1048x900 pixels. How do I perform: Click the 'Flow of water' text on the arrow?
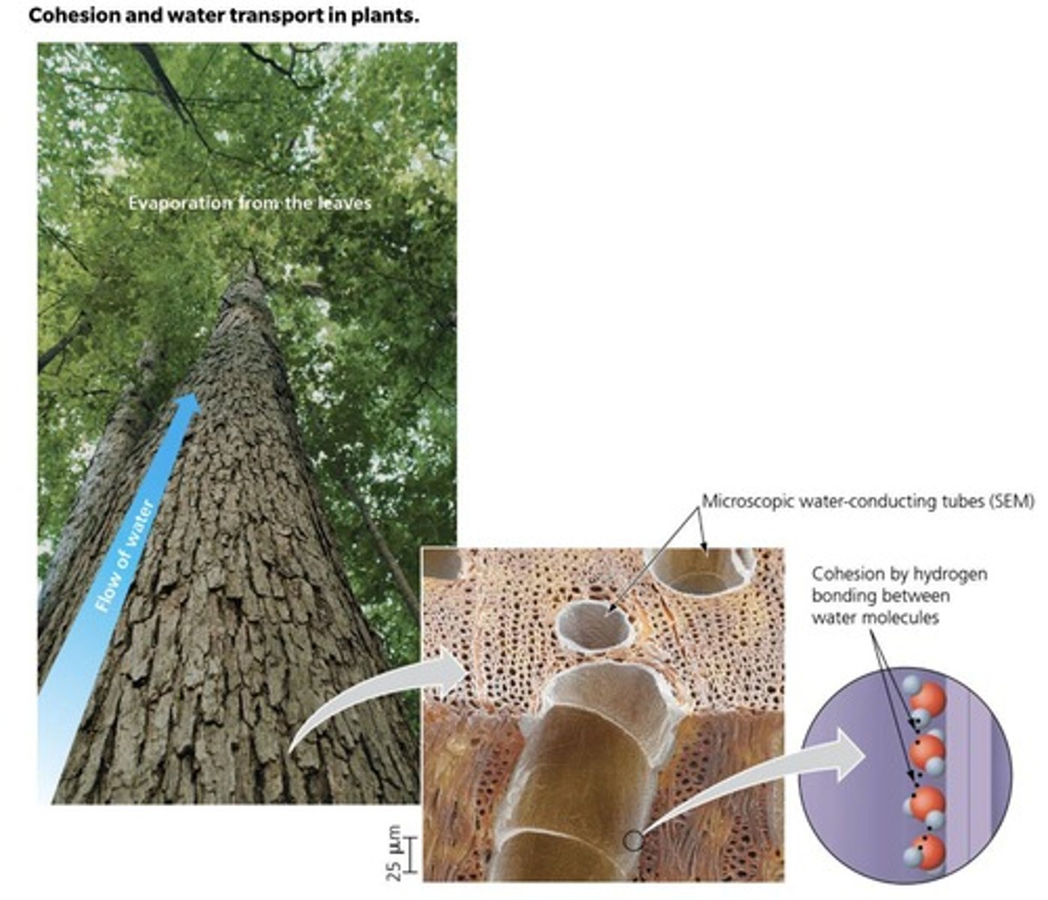coord(124,556)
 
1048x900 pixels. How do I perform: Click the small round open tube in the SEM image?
coord(595,625)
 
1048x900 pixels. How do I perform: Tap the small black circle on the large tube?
coord(633,841)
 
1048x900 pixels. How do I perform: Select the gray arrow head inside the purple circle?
coord(849,755)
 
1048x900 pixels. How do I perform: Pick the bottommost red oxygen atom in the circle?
coord(927,852)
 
